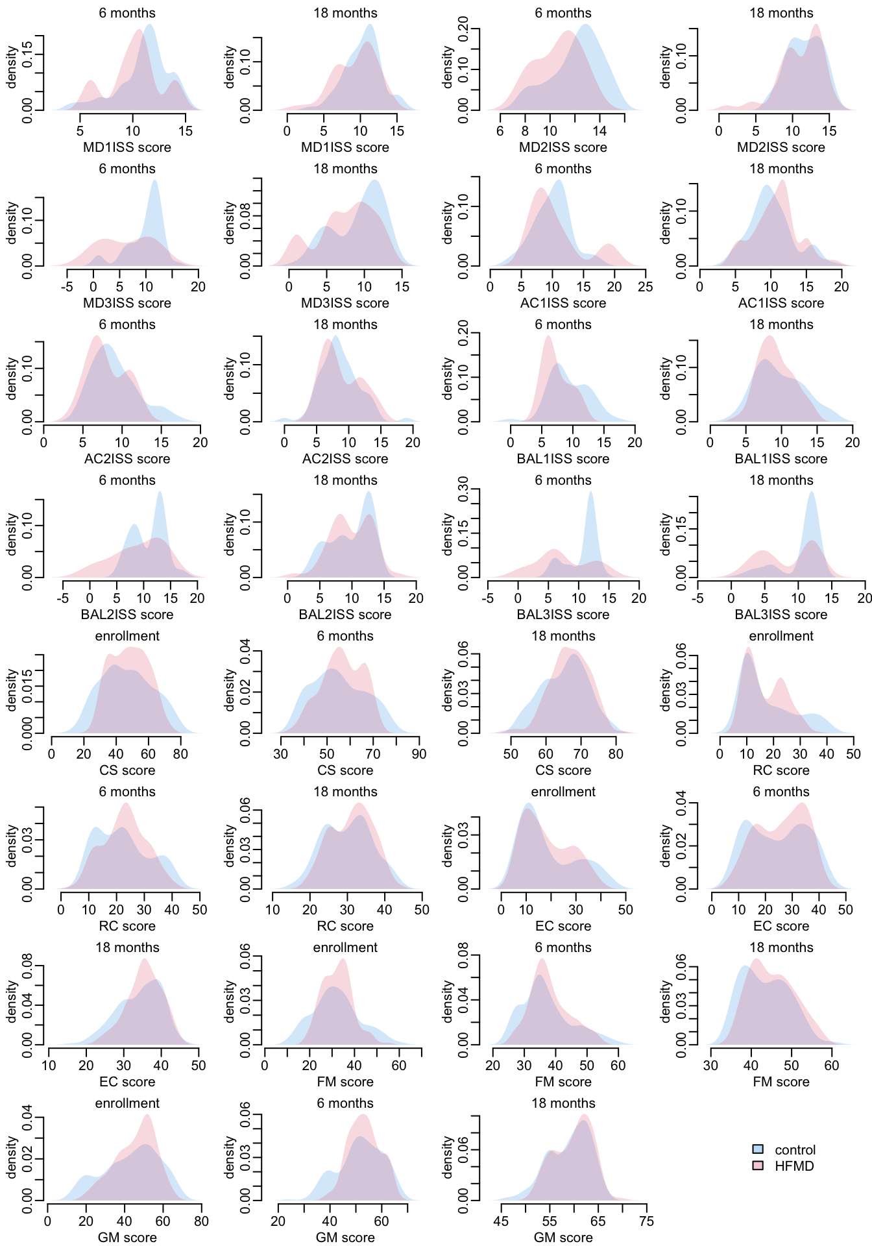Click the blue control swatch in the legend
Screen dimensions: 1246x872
tap(757, 1149)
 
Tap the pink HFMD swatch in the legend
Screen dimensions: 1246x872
tap(757, 1166)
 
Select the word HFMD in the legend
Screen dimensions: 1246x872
tap(794, 1166)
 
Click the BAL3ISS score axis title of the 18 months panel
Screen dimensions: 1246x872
tap(781, 615)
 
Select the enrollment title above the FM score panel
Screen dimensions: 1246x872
tap(345, 947)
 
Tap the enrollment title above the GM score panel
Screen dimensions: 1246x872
tap(127, 1103)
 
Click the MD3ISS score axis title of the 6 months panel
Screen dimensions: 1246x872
tap(127, 303)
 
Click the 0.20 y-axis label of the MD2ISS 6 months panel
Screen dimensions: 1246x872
tap(463, 29)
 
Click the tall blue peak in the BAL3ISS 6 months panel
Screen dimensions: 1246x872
tap(590, 496)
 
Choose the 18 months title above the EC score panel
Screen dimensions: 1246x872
tap(127, 947)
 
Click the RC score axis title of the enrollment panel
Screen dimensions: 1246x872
tap(781, 770)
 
